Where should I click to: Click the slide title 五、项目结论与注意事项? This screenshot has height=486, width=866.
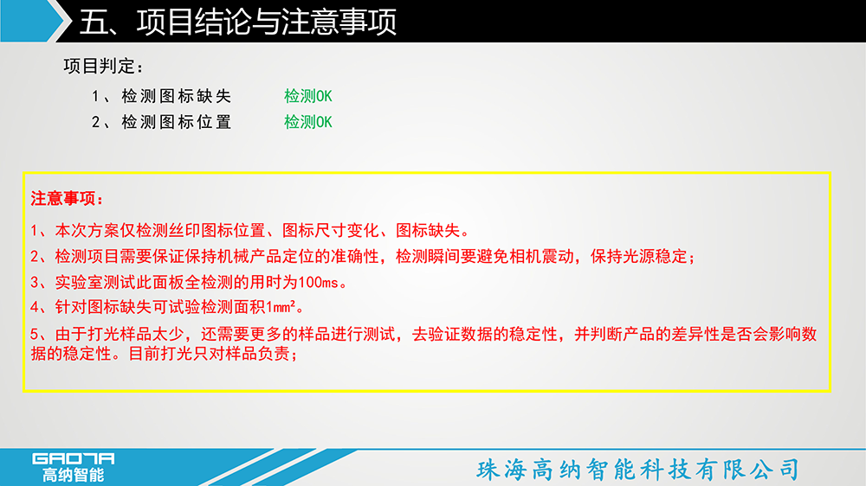tap(238, 22)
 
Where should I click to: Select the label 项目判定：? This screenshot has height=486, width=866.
tap(103, 67)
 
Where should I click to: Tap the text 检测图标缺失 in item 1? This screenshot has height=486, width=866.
tap(176, 96)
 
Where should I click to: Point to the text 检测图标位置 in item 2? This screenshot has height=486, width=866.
tap(176, 122)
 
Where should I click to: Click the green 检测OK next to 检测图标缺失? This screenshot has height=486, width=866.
tap(308, 96)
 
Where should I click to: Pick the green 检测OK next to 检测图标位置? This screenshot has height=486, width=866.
tap(308, 122)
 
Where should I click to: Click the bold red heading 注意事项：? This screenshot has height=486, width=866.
tap(67, 199)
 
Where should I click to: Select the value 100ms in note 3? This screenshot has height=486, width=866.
tap(318, 283)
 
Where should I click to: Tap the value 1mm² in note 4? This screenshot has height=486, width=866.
tap(281, 307)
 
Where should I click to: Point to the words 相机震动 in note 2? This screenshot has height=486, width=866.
tap(541, 257)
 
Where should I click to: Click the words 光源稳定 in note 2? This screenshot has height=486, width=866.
tap(655, 257)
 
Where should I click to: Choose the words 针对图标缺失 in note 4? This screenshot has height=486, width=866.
tap(103, 307)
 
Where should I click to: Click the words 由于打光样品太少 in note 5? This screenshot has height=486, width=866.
tap(120, 334)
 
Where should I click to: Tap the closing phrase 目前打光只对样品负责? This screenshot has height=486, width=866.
tap(209, 354)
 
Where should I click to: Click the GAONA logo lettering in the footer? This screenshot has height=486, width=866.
tap(74, 459)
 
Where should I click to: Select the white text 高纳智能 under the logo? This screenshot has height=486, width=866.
tap(74, 475)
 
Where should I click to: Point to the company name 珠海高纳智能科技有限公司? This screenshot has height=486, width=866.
tap(638, 470)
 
